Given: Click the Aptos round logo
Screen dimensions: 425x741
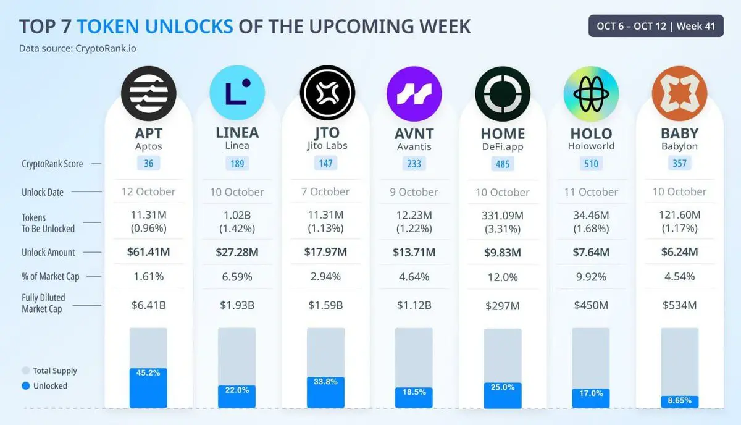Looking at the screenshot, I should point(148,93).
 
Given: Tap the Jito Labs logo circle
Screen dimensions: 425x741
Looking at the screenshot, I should point(327,93).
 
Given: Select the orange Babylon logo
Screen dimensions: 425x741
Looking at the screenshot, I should point(679,93).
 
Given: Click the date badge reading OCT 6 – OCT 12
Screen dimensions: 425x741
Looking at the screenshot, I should point(655,27).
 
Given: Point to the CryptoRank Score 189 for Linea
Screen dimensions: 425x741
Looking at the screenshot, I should point(237,164).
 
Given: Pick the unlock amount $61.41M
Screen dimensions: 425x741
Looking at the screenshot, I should point(148,252).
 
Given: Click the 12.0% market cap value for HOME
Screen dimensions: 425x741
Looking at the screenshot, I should point(503,277).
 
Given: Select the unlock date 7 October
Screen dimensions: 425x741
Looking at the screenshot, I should point(325,191).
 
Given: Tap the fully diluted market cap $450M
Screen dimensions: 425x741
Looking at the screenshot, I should point(591,305).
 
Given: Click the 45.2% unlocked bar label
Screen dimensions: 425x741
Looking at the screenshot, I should point(148,373).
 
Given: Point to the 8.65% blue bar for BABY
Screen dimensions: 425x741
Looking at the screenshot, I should point(679,402).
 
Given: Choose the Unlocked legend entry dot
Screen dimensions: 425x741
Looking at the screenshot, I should point(25,386).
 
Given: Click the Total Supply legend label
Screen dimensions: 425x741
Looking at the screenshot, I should point(55,371).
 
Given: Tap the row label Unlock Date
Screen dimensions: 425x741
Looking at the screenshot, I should point(43,192).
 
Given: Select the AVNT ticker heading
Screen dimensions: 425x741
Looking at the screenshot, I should point(414,133).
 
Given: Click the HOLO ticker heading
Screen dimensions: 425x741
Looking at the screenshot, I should point(591,133).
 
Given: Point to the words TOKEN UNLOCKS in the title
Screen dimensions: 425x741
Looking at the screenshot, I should point(155,27).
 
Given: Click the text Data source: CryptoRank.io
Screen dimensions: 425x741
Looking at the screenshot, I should point(77,48).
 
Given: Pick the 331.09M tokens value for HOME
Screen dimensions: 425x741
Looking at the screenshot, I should point(503,216).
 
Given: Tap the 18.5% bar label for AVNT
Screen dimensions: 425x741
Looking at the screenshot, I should point(414,392).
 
